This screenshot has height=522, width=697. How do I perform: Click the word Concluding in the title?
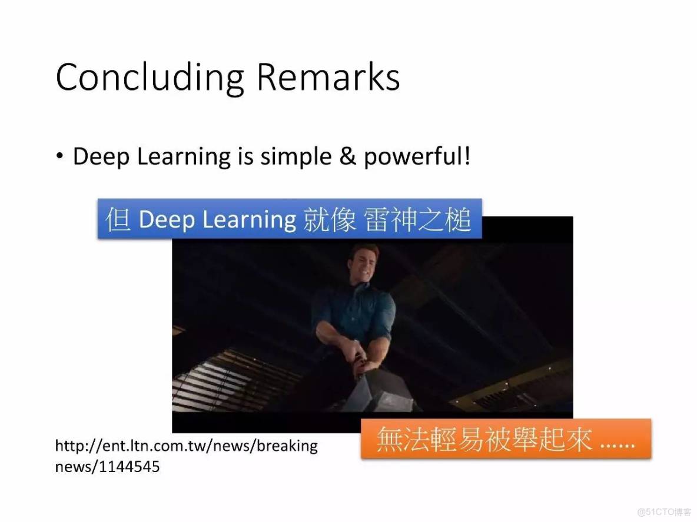[150, 78]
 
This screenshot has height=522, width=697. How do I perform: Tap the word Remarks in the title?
[328, 76]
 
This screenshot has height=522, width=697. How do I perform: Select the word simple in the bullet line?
[296, 157]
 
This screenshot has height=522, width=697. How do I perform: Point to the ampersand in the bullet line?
[347, 156]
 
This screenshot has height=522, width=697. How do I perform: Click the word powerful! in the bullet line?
[417, 157]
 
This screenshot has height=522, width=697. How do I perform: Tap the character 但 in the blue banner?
[118, 219]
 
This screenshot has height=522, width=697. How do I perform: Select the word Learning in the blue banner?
[250, 220]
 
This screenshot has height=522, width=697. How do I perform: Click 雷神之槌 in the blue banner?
[417, 219]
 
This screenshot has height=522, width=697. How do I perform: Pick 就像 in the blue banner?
[330, 219]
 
